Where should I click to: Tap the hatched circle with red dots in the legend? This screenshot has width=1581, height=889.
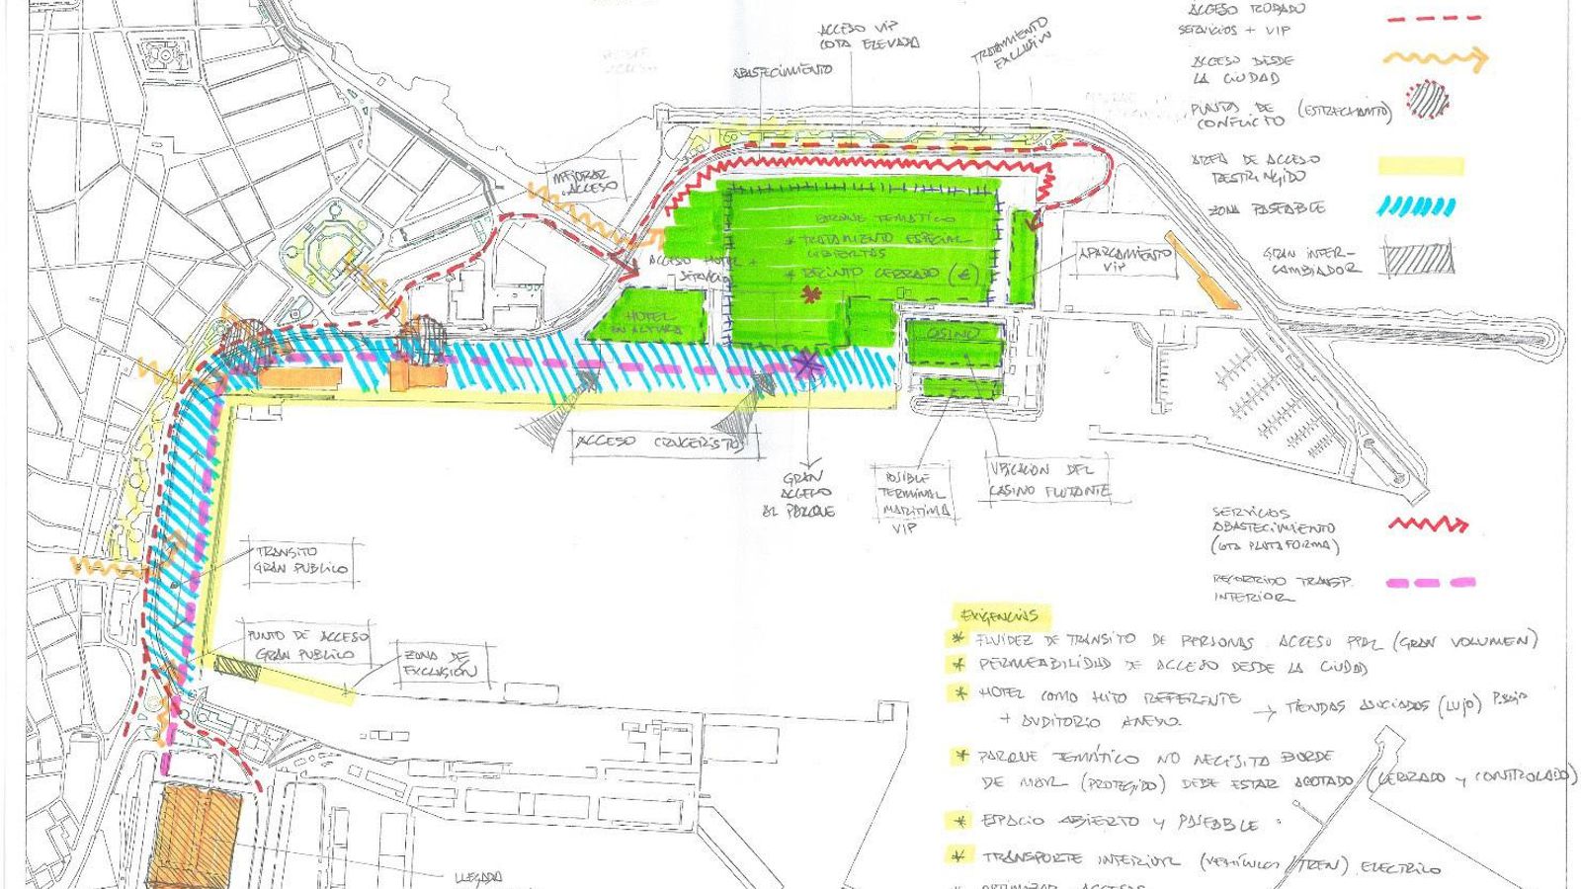tap(1427, 100)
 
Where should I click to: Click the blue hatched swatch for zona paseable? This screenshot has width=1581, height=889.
tap(1418, 207)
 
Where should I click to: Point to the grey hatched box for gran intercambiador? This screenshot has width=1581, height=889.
tap(1419, 257)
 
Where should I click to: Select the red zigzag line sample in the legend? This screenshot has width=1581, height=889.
tap(1428, 525)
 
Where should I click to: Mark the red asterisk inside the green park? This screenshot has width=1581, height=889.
tap(812, 294)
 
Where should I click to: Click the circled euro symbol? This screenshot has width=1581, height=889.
tap(956, 273)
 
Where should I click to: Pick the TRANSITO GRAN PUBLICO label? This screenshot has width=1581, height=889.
tap(301, 560)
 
